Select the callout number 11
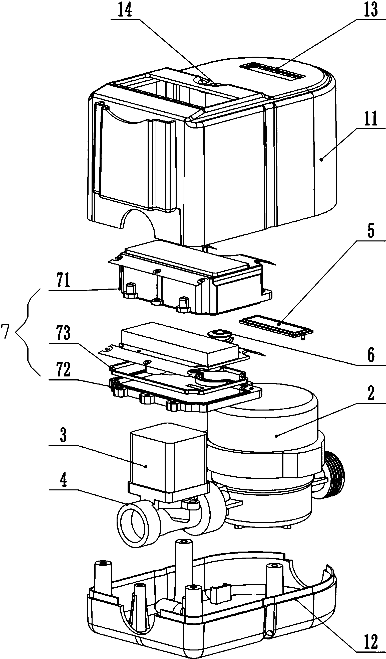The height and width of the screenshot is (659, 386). point(369,118)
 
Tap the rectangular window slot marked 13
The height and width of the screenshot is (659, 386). point(272,71)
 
